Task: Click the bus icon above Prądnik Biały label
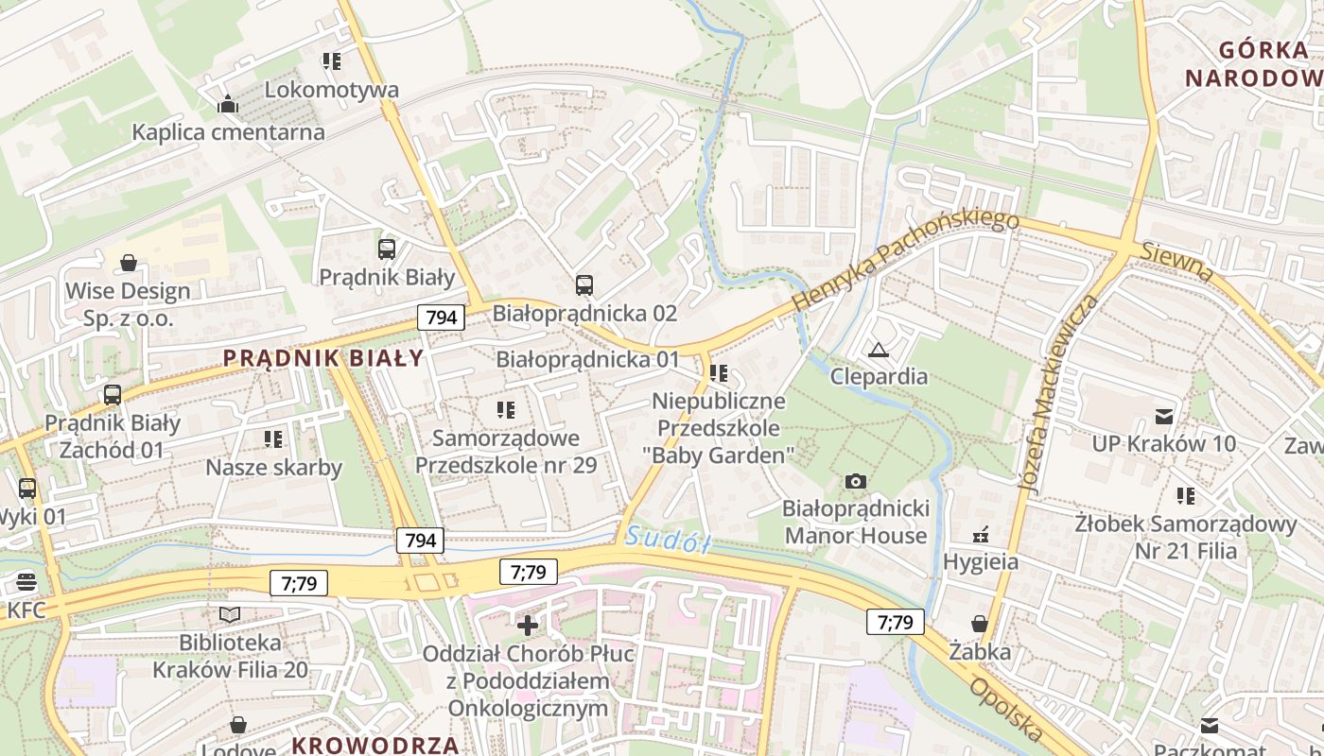(387, 249)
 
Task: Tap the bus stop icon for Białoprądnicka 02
(584, 284)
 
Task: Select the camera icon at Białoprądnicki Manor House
(856, 482)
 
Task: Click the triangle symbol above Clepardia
(879, 351)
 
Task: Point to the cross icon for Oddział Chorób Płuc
(528, 625)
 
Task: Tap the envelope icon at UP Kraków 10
(1163, 417)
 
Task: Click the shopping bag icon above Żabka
(980, 624)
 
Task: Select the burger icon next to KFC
(26, 582)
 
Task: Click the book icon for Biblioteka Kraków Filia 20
(230, 615)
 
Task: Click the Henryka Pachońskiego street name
(905, 261)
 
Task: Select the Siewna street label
(1176, 262)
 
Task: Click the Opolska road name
(1005, 709)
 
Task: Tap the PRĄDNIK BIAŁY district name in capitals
(323, 358)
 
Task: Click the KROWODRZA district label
(375, 744)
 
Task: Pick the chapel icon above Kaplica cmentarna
(228, 104)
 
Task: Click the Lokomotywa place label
(331, 90)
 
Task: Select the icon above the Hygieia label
(981, 535)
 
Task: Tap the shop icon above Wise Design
(128, 263)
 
